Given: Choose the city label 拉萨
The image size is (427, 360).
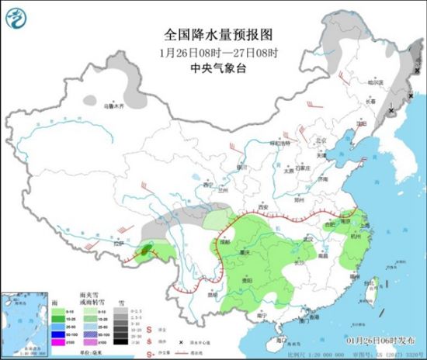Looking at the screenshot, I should (119, 244).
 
